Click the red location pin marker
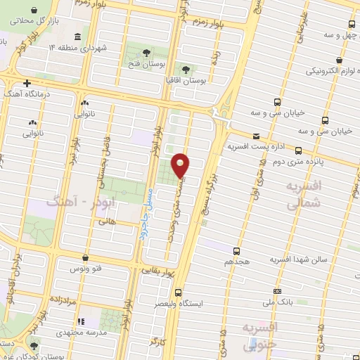(x=181, y=165)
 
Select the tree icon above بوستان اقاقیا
(x=186, y=70)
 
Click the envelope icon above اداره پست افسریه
(x=255, y=136)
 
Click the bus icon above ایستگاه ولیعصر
(x=178, y=292)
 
